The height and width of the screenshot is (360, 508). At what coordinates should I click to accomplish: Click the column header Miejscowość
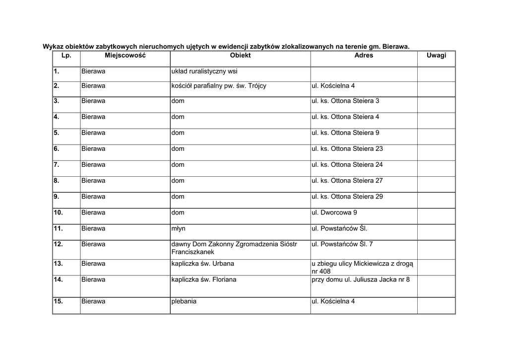click(125, 56)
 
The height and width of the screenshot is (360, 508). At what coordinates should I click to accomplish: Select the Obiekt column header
click(240, 56)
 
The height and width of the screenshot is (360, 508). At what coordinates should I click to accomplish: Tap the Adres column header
click(364, 56)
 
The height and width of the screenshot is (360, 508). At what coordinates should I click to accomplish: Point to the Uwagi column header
click(436, 56)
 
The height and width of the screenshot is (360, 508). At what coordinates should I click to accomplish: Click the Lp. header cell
click(66, 56)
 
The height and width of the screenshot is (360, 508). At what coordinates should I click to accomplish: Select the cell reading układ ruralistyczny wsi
click(204, 72)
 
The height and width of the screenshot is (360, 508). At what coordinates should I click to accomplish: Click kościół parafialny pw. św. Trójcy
click(219, 86)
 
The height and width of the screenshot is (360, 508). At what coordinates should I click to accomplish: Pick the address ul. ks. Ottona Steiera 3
click(345, 101)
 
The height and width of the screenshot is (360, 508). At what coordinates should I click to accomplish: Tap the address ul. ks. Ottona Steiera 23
click(347, 149)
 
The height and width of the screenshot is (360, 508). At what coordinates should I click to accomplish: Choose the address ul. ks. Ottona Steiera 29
click(347, 197)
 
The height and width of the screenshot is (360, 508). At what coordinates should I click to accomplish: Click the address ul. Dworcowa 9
click(334, 213)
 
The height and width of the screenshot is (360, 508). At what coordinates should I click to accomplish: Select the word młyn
click(178, 229)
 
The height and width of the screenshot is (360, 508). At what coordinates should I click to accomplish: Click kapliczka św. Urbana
click(202, 264)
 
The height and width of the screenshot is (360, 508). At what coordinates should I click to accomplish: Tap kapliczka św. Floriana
click(203, 280)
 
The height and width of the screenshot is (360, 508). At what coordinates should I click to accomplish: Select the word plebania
click(184, 301)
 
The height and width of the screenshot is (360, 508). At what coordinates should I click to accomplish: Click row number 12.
click(58, 244)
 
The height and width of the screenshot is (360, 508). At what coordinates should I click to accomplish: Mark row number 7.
click(57, 165)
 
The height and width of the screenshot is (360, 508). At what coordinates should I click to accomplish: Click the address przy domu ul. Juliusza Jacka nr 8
click(361, 280)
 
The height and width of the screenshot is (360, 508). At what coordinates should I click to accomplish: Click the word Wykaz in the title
click(53, 46)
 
